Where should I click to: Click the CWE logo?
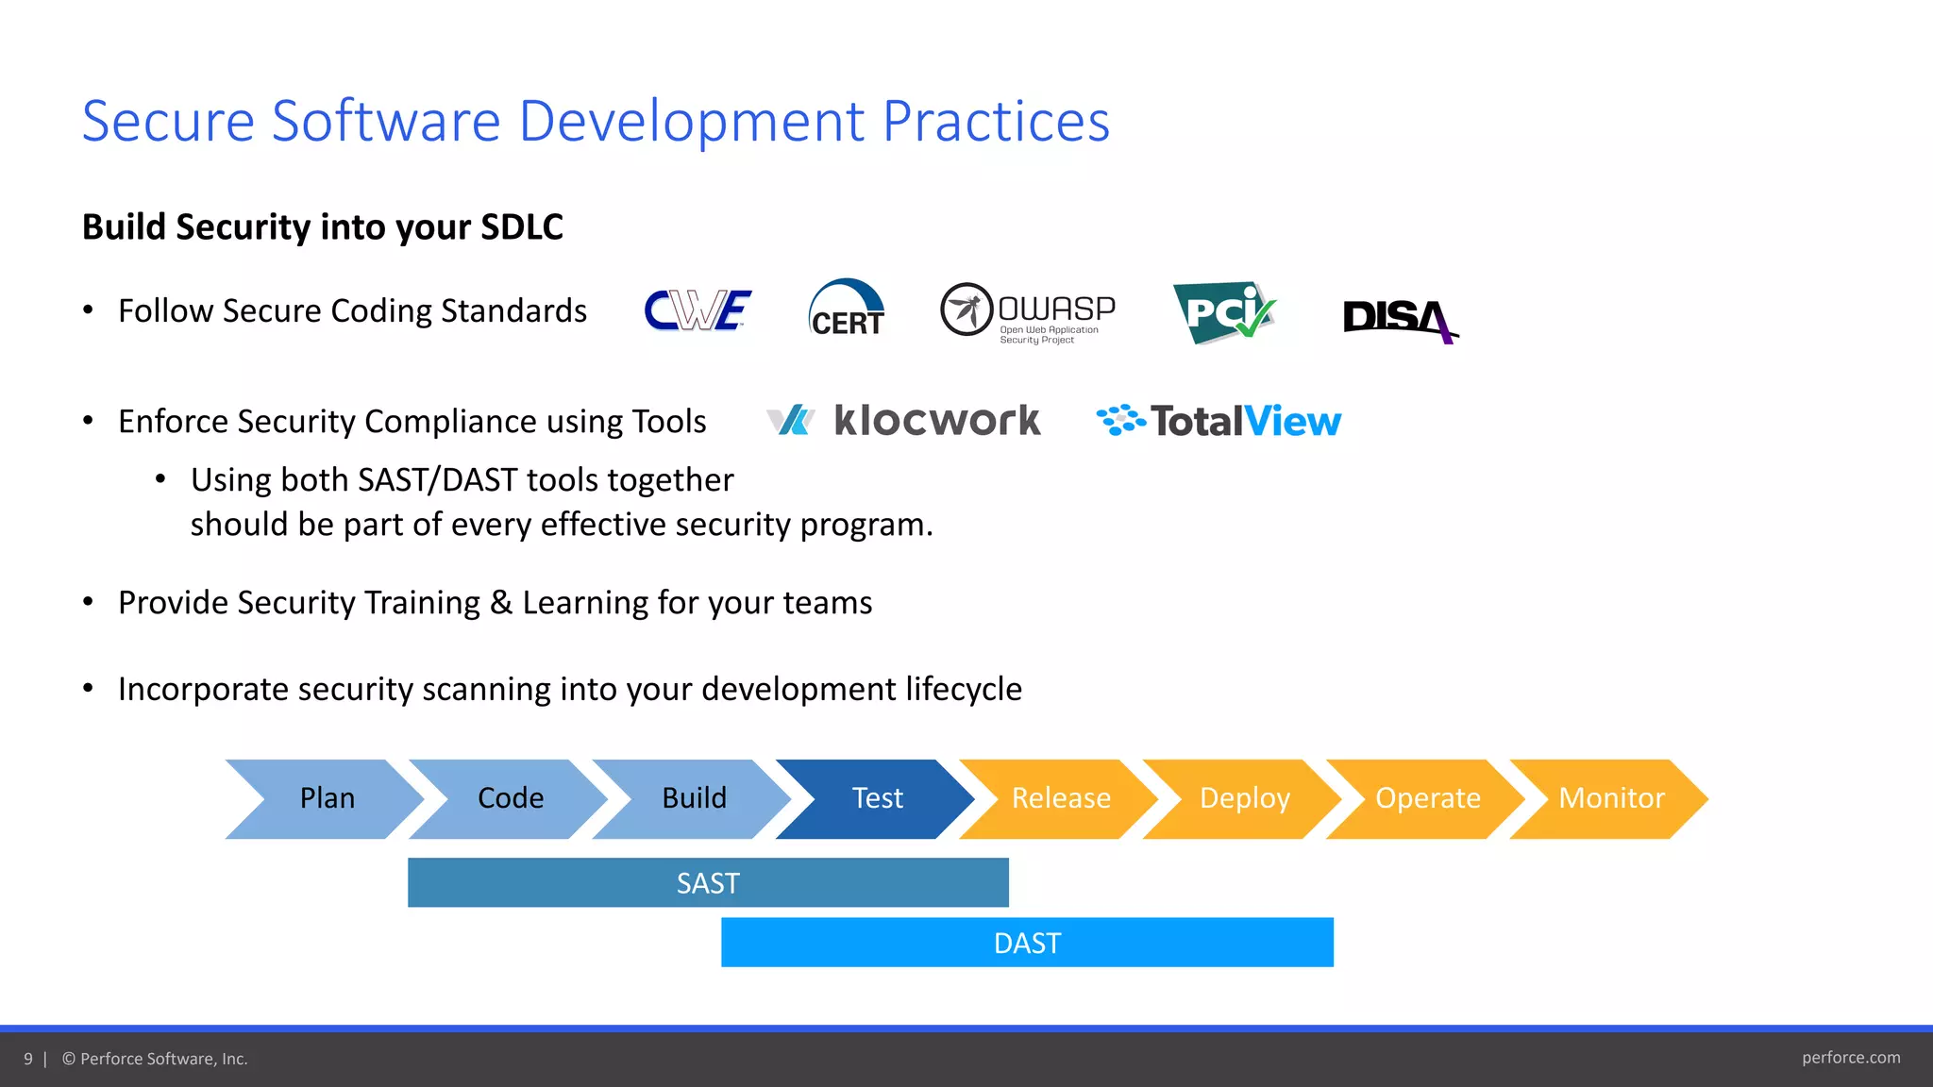pyautogui.click(x=698, y=310)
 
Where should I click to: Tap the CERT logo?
pyautogui.click(x=847, y=309)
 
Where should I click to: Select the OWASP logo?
pyautogui.click(x=1028, y=312)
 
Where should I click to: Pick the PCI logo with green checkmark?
pyautogui.click(x=1224, y=312)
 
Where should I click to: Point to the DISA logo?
pyautogui.click(x=1399, y=319)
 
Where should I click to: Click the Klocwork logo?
pyautogui.click(x=904, y=421)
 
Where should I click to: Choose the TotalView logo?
pyautogui.click(x=1219, y=421)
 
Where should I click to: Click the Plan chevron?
pyautogui.click(x=327, y=798)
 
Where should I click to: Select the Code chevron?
pyautogui.click(x=510, y=798)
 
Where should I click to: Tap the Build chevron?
pyautogui.click(x=694, y=798)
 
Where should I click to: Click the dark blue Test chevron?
pyautogui.click(x=877, y=798)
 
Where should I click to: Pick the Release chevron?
pyautogui.click(x=1061, y=798)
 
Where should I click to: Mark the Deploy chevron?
pyautogui.click(x=1244, y=798)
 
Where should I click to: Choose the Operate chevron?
pyautogui.click(x=1427, y=798)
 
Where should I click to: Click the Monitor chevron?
pyautogui.click(x=1611, y=798)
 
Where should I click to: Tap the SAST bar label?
pyautogui.click(x=708, y=883)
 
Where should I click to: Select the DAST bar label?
pyautogui.click(x=1027, y=943)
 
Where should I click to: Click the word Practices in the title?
pyautogui.click(x=996, y=122)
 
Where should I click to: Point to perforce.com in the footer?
pyautogui.click(x=1850, y=1058)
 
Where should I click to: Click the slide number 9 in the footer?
pyautogui.click(x=28, y=1059)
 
